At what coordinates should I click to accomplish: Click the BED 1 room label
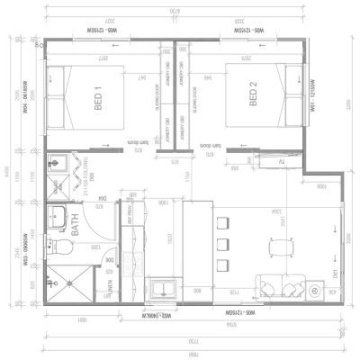(96, 94)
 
